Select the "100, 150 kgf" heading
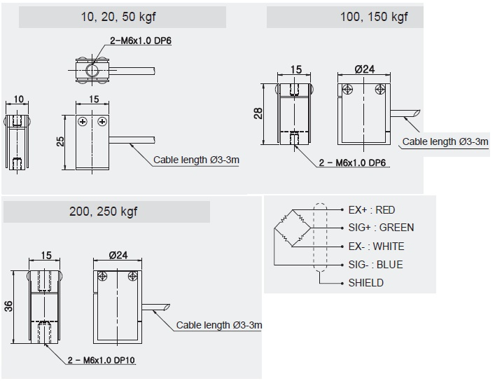pyautogui.click(x=373, y=17)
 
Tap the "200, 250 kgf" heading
pyautogui.click(x=103, y=212)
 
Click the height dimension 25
pyautogui.click(x=60, y=141)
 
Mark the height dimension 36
pyautogui.click(x=8, y=306)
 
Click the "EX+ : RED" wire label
pyautogui.click(x=371, y=209)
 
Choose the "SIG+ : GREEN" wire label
pyautogui.click(x=381, y=228)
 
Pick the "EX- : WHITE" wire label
pyautogui.click(x=376, y=247)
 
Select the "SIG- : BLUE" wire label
pyautogui.click(x=375, y=265)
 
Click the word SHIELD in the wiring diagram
pyautogui.click(x=365, y=283)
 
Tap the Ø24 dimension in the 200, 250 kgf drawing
pyautogui.click(x=117, y=256)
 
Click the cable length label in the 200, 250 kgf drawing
pyautogui.click(x=219, y=325)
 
